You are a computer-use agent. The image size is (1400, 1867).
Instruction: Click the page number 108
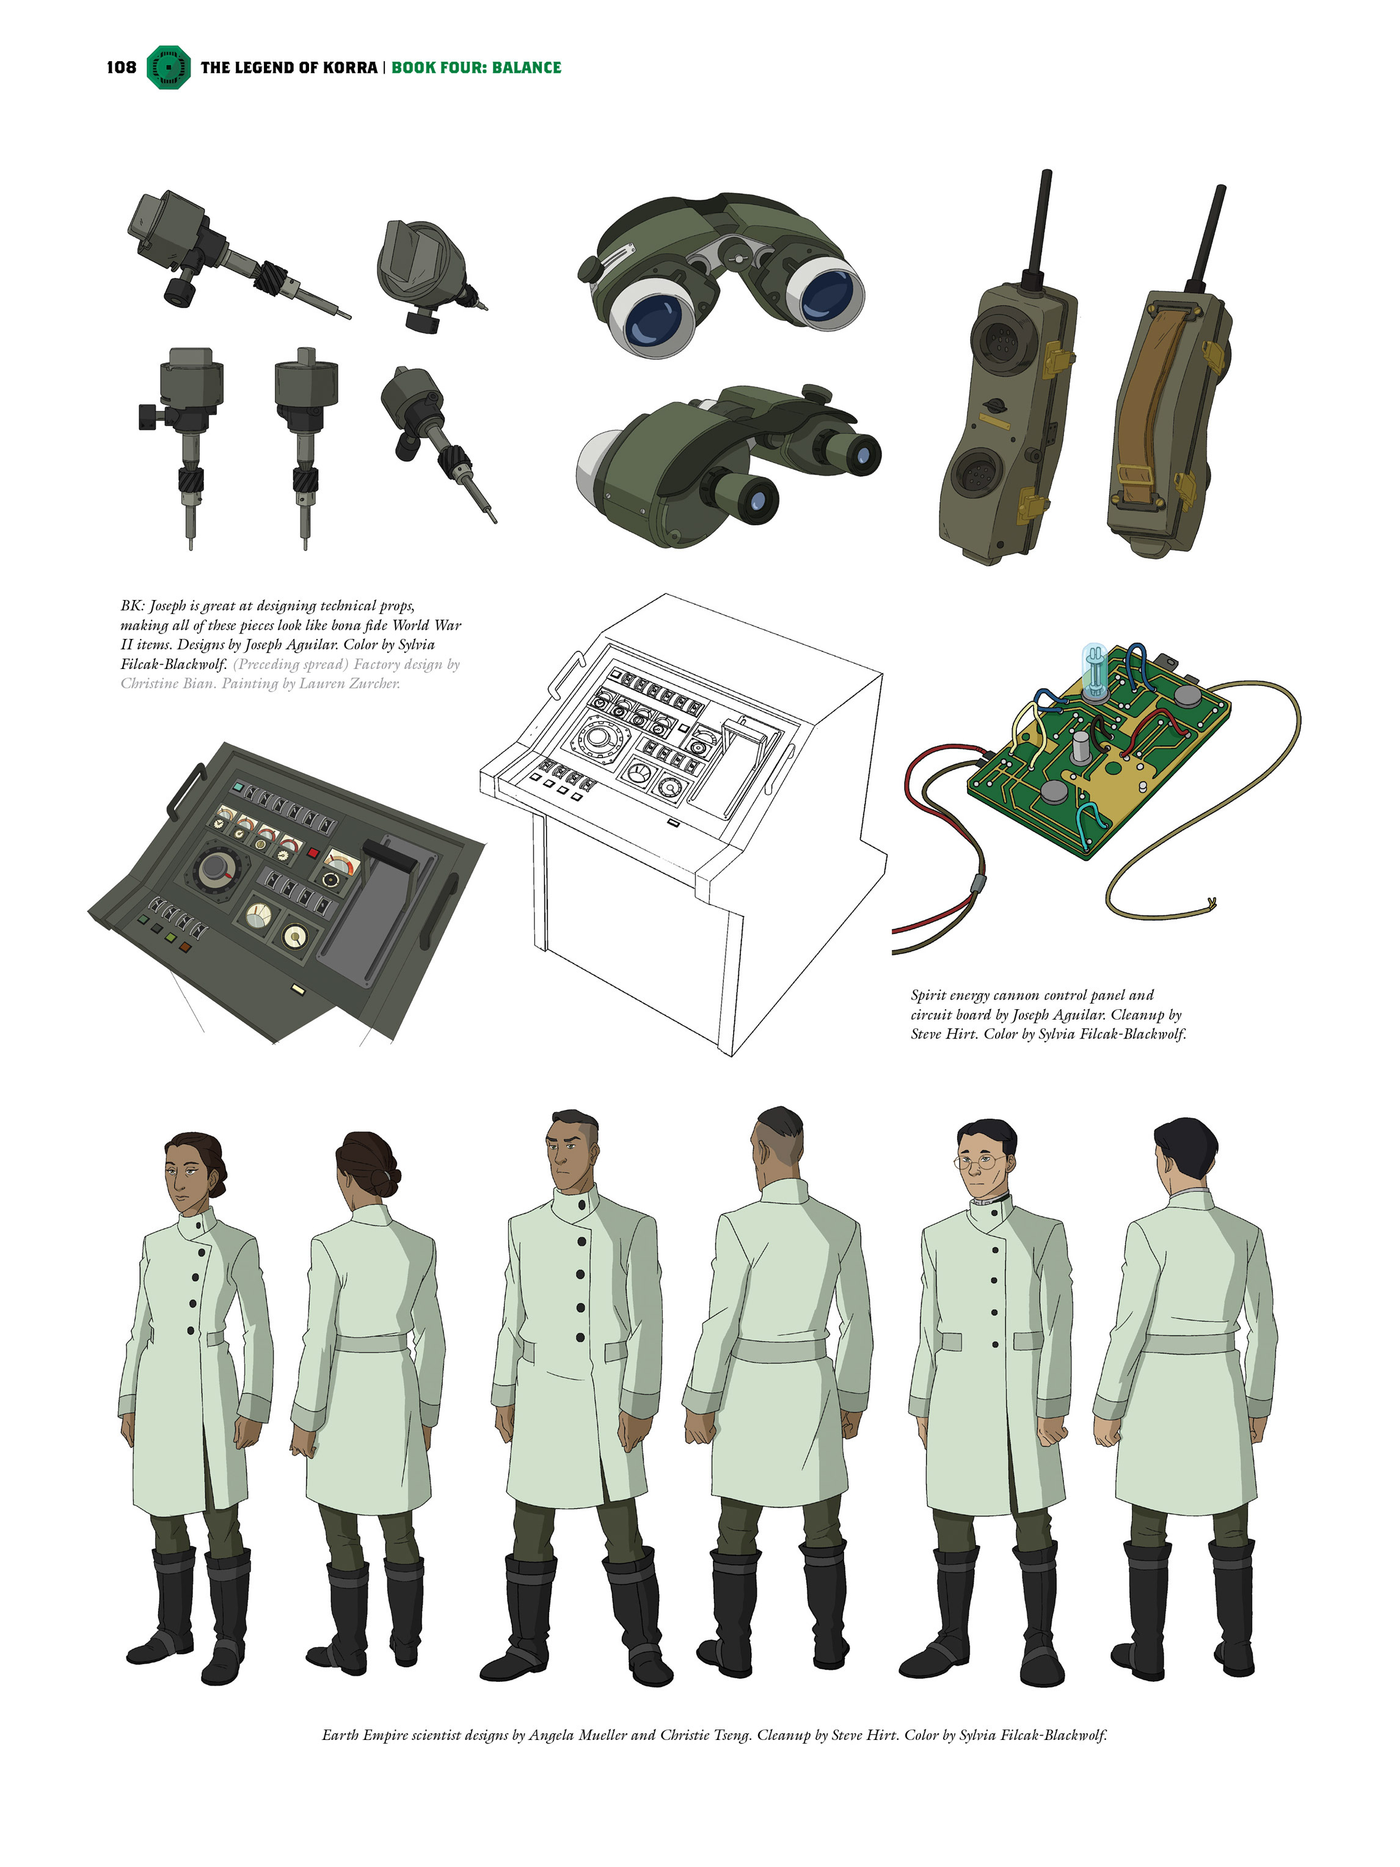[x=121, y=68]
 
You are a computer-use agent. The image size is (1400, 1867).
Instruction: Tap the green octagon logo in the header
[x=169, y=68]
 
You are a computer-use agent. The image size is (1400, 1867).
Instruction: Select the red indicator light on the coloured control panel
[x=313, y=853]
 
